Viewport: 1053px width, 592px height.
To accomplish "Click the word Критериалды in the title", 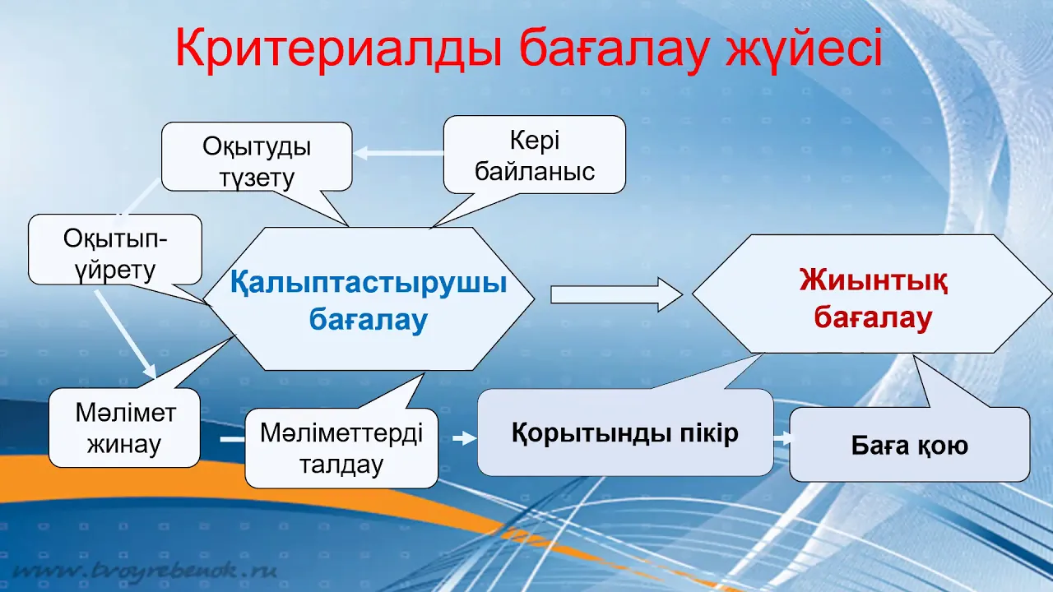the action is tap(338, 49).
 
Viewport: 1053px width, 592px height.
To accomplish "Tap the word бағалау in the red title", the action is tap(614, 50).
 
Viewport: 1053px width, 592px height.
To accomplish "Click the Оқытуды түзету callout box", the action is tap(257, 156).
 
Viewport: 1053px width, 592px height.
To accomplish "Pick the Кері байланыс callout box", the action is tap(535, 155).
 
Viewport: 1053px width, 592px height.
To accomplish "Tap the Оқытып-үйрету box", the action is tap(115, 249).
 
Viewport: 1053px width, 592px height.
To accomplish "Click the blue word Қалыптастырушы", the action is tap(369, 283).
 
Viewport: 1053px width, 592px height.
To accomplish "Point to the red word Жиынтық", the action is tap(874, 280).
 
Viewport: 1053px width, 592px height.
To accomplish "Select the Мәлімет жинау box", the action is tap(124, 428).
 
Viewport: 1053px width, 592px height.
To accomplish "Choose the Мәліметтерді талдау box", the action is tap(341, 448).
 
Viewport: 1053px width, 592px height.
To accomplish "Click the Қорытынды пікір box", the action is tap(625, 432).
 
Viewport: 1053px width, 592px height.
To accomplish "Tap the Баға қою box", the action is tap(910, 445).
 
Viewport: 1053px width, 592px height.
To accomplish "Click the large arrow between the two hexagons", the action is tap(617, 294).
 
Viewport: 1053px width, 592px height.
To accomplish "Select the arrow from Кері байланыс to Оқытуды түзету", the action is tap(399, 153).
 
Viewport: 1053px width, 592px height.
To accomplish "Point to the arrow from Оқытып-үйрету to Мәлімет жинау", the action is tap(126, 335).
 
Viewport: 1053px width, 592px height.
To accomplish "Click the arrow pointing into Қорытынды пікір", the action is tap(465, 438).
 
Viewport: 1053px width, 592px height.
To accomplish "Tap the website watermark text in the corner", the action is tap(145, 571).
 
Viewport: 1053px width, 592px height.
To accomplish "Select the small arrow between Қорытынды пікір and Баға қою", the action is tap(782, 439).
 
